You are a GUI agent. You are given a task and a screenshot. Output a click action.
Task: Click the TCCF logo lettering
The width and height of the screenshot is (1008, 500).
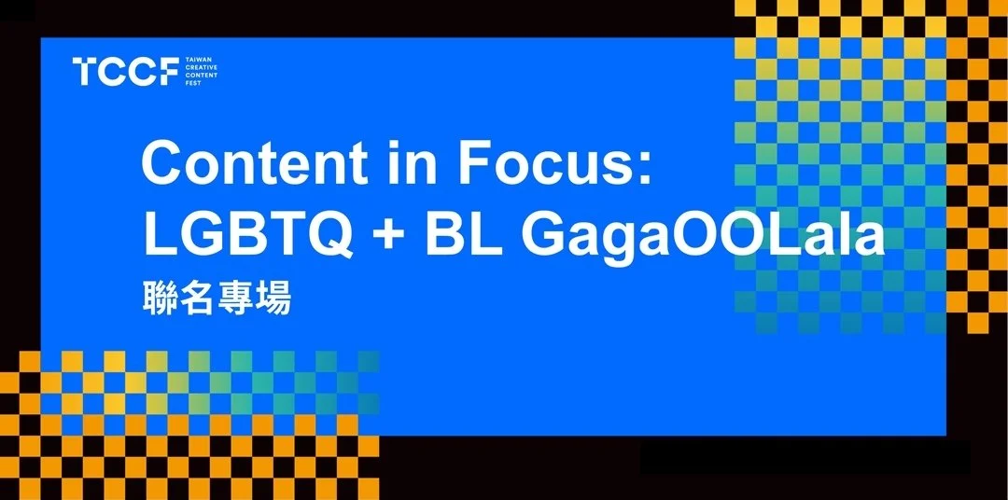(126, 71)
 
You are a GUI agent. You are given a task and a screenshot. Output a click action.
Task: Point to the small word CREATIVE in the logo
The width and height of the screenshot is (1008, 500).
(201, 67)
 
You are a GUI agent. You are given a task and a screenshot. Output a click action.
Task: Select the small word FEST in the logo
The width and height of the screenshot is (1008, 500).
(193, 83)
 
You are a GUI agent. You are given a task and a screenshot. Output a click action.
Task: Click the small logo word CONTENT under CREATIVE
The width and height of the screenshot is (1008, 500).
(201, 76)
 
